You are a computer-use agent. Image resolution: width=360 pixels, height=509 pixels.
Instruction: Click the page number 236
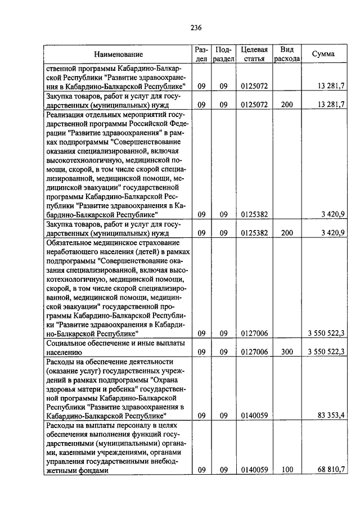196,28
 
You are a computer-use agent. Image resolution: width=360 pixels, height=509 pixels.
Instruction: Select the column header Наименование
118,55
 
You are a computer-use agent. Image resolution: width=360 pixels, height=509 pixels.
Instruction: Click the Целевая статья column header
254,54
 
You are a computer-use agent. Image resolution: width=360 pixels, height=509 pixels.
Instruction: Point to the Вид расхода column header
287,54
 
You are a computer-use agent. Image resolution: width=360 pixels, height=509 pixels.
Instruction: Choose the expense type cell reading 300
287,352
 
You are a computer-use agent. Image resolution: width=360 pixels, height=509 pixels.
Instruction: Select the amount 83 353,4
330,416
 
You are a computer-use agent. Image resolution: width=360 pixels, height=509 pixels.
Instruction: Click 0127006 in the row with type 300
254,352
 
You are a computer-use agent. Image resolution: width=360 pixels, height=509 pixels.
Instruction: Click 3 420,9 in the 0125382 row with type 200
332,232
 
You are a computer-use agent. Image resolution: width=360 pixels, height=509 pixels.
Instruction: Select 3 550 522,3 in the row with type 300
325,352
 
